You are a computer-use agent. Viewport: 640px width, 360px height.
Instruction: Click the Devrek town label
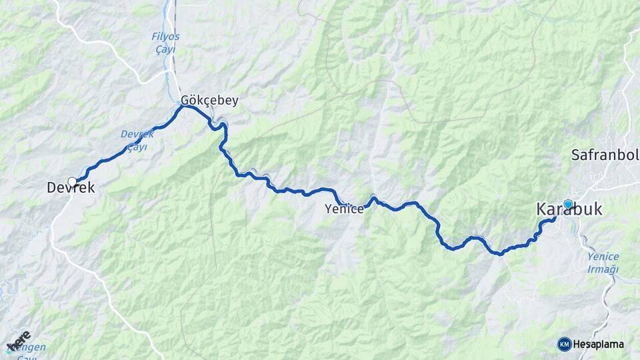(x=71, y=189)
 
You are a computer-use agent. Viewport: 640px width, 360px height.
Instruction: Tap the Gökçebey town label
(x=209, y=101)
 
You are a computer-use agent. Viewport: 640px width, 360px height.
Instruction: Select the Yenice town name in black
(x=344, y=209)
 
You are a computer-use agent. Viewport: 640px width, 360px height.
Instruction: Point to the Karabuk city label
(x=569, y=210)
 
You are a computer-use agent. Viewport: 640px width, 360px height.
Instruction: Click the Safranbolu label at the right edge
(x=605, y=155)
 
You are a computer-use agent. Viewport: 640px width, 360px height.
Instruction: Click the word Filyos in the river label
(x=165, y=36)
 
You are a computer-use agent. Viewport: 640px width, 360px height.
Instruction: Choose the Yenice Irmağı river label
(x=603, y=263)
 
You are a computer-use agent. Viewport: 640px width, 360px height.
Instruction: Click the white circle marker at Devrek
(x=72, y=181)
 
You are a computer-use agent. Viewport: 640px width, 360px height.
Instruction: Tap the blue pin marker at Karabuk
(x=568, y=204)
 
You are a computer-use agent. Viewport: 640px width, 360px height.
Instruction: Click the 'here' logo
(x=19, y=341)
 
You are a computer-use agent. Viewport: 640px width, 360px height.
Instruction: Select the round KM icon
(x=565, y=344)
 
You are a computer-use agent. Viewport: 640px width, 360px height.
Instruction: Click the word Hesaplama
(x=598, y=345)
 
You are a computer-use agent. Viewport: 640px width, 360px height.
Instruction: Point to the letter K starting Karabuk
(x=542, y=210)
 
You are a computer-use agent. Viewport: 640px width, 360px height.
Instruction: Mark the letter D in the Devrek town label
(x=52, y=189)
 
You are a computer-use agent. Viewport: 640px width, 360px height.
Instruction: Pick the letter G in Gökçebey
(x=186, y=101)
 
